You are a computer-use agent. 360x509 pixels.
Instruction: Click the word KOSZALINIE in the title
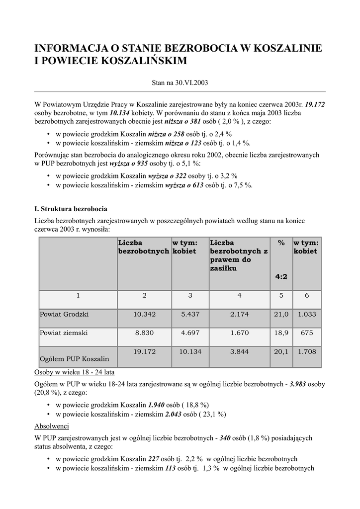281,48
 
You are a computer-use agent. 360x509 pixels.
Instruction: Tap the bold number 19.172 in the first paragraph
315,104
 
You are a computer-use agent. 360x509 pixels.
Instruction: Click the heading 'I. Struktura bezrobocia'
71,208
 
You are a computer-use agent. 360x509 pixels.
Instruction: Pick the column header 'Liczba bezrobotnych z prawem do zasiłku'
239,255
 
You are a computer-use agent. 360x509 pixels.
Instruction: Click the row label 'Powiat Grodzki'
64,315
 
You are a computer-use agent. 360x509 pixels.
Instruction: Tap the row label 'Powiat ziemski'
64,334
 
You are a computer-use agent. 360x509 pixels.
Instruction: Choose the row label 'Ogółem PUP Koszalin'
75,358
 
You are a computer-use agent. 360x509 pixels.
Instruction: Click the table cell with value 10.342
145,315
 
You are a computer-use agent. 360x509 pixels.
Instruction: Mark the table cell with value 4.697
190,334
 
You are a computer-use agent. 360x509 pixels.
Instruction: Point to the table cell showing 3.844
239,352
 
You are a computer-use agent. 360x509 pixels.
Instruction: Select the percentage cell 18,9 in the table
281,334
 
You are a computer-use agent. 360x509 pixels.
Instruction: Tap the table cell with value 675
306,334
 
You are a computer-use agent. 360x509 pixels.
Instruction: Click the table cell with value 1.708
306,352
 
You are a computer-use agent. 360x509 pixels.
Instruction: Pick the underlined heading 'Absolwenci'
52,426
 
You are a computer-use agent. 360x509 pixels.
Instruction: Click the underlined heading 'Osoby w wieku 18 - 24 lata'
77,372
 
